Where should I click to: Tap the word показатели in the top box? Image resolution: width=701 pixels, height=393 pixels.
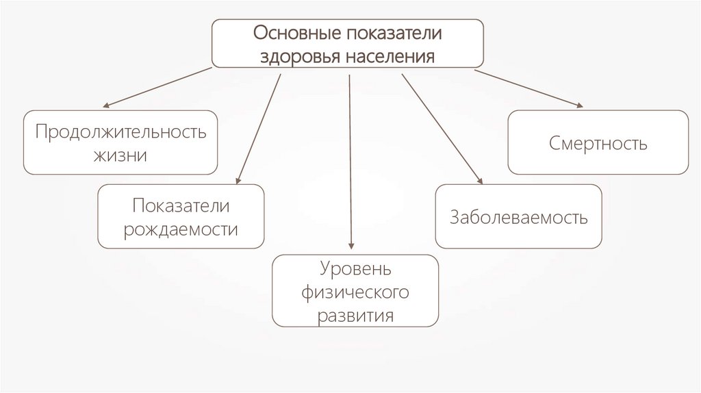(x=395, y=32)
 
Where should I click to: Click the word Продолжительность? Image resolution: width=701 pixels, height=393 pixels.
(x=121, y=131)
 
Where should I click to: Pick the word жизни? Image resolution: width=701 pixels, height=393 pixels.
(x=121, y=154)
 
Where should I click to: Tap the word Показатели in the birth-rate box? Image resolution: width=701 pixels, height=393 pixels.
(x=181, y=206)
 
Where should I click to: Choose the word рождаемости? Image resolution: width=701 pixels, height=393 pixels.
(x=181, y=229)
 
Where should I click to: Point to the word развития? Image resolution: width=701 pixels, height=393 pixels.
(x=355, y=316)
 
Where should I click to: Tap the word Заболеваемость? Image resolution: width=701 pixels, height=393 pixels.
(x=519, y=218)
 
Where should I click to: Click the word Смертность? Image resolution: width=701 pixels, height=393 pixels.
(x=598, y=144)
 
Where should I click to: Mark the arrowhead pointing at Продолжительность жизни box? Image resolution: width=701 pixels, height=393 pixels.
(x=106, y=106)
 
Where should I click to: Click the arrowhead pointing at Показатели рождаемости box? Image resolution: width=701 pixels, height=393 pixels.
(x=237, y=181)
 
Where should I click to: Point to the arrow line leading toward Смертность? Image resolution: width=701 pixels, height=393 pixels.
(x=527, y=88)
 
